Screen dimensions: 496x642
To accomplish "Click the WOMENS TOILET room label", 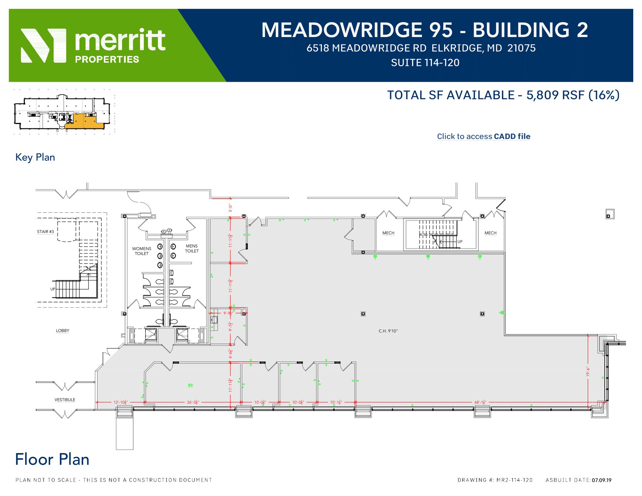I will tap(141, 251).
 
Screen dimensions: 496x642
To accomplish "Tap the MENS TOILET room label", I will tap(192, 248).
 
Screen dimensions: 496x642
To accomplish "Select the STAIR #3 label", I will tap(45, 232).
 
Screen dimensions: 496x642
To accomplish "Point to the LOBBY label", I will tap(62, 331).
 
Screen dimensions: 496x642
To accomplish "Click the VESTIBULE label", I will tap(65, 399).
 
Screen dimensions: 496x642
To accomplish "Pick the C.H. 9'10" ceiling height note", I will tap(388, 331).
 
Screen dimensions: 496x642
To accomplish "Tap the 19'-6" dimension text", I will tap(588, 372).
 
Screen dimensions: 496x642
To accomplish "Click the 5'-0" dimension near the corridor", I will tap(230, 208).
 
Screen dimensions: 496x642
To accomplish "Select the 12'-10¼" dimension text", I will tap(120, 402).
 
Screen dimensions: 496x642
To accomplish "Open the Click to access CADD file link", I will tap(483, 136).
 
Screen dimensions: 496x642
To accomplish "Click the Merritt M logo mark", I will tap(43, 45).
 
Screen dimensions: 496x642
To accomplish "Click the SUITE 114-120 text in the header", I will tap(425, 63).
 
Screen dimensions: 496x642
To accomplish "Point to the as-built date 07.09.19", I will tap(602, 480).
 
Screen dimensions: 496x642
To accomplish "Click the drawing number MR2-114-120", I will tap(514, 480).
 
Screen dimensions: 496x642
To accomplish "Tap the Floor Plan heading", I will tap(52, 459).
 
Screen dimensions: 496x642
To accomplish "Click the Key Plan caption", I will tap(35, 157).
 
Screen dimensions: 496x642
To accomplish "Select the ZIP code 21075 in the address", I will tap(522, 48).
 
